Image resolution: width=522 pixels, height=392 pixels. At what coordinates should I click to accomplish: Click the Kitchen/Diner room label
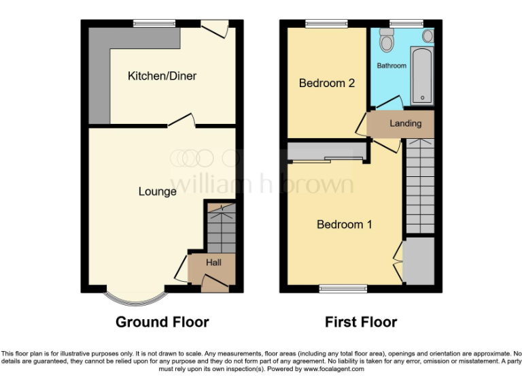(162, 76)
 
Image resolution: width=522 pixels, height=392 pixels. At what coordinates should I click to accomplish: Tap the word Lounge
(157, 191)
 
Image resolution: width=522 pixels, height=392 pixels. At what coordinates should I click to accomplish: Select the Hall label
(213, 262)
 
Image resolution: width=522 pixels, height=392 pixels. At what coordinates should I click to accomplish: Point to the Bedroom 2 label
(327, 83)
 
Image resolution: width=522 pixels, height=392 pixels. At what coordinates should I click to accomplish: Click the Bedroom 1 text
(344, 224)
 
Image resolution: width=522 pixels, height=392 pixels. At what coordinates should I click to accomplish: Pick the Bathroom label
(391, 66)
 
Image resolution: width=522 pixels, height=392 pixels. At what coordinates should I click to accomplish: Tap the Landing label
(405, 123)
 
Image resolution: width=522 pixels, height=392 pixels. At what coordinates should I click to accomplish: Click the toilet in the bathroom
(387, 42)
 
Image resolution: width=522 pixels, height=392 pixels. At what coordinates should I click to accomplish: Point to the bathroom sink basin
(428, 35)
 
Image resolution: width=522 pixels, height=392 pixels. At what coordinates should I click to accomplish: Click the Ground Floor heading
(162, 322)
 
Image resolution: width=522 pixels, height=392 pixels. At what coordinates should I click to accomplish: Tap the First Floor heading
(361, 322)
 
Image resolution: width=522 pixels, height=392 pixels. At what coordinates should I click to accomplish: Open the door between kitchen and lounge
(181, 121)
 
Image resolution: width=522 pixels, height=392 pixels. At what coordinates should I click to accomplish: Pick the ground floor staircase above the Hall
(220, 228)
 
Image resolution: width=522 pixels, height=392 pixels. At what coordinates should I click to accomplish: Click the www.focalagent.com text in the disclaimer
(334, 370)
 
